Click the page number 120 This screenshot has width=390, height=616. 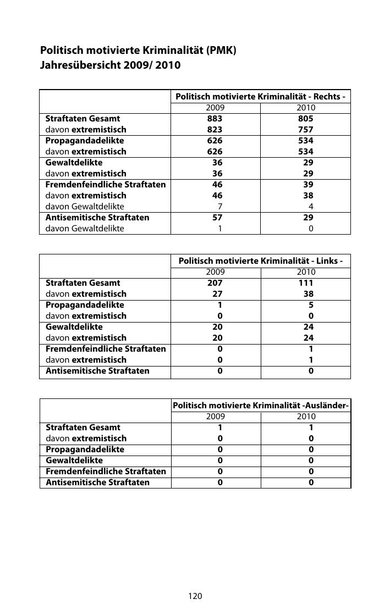pos(195,596)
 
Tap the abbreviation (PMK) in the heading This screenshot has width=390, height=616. pos(221,51)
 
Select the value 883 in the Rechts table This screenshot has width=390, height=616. pos(215,119)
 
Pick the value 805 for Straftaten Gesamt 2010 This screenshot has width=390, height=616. pos(306,119)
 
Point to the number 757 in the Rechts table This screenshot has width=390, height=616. pos(306,130)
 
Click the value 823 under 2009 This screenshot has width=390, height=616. pos(215,130)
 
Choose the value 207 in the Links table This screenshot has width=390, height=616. pos(215,283)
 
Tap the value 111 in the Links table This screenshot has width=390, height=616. pos(306,283)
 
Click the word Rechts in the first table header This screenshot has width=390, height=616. pos(326,97)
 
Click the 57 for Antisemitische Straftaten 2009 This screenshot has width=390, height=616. pos(217,218)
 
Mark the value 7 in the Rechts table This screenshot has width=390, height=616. pos(220,207)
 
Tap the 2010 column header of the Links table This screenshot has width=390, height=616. pos(306,272)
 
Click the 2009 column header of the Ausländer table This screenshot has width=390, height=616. pos(215,417)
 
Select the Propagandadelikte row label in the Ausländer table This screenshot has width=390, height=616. pos(85,449)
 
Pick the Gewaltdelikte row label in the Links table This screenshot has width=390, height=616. pos(74,327)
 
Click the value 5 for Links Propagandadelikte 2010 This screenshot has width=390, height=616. pos(311,305)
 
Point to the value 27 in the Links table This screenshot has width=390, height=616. pos(217,294)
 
